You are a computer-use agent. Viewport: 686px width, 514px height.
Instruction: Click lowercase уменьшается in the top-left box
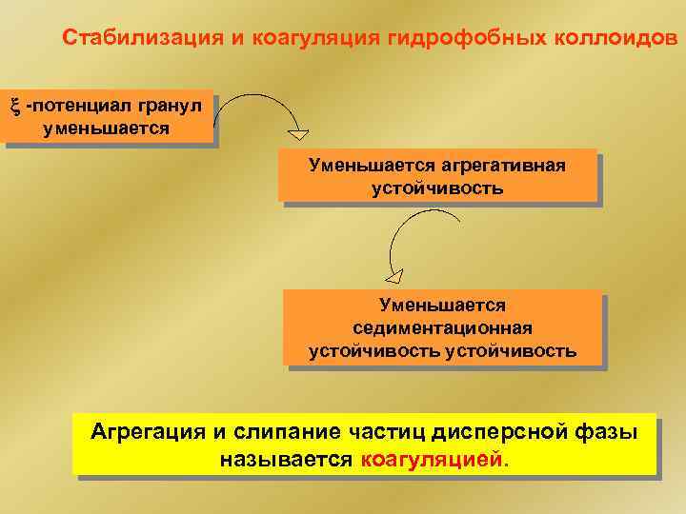[107, 128]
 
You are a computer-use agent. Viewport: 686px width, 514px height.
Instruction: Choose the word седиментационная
[442, 327]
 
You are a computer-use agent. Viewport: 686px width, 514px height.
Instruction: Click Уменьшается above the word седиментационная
[442, 305]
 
